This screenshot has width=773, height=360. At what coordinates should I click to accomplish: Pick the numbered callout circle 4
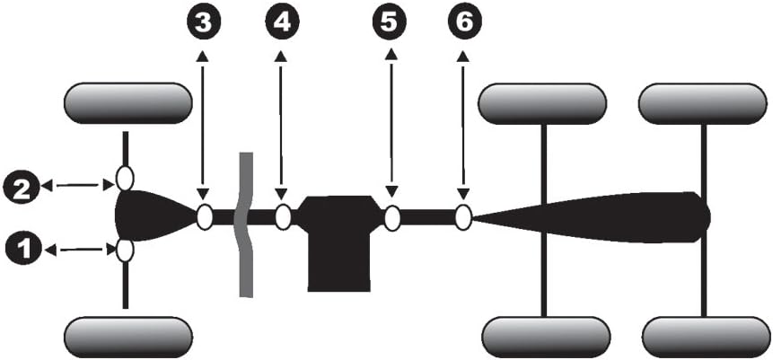tap(281, 24)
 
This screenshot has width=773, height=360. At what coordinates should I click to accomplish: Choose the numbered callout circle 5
tap(391, 24)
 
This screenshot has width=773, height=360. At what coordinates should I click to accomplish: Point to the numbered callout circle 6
tap(462, 24)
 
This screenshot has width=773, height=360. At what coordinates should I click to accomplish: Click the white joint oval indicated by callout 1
tap(125, 250)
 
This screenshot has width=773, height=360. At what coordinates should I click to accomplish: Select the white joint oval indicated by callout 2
tap(125, 179)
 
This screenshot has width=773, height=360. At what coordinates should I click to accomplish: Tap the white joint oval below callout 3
tap(204, 217)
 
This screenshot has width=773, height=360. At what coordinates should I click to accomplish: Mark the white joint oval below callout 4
tap(283, 217)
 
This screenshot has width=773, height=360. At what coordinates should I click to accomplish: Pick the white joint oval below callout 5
tap(391, 217)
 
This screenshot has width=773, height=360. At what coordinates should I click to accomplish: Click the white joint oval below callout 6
tap(463, 217)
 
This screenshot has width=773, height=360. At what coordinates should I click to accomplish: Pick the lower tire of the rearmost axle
tap(706, 337)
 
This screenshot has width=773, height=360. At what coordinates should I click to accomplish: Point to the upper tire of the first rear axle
tap(542, 104)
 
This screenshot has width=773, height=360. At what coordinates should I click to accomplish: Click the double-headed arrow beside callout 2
tap(80, 185)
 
